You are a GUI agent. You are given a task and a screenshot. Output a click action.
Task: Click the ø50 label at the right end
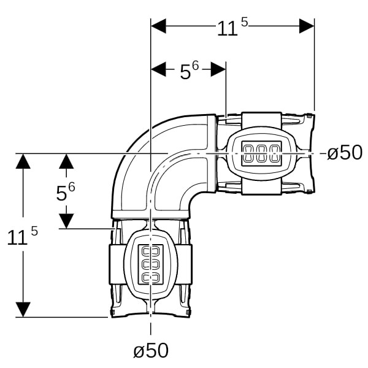coord(345,152)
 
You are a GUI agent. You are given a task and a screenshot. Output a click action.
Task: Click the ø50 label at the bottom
coord(151,350)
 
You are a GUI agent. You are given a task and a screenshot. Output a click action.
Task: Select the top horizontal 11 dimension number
coord(227,29)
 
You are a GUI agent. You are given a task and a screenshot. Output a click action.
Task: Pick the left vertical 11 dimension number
coord(17,238)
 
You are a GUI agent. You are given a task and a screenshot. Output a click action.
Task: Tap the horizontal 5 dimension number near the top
coord(185,72)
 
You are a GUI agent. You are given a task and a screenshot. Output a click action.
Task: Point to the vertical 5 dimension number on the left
coord(61,193)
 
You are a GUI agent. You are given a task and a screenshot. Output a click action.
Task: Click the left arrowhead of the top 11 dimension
coord(158,26)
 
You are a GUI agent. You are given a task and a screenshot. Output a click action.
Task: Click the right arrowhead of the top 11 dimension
coord(307,26)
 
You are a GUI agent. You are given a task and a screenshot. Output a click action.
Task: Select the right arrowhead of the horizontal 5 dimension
coord(218,69)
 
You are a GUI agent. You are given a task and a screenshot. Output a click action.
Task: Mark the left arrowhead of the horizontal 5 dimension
coord(158,69)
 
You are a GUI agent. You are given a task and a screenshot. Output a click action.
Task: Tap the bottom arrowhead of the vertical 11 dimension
coord(23,310)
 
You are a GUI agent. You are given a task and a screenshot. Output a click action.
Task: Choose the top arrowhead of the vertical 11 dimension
coord(23,161)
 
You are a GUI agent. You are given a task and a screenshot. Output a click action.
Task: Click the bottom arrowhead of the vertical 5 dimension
coord(66,221)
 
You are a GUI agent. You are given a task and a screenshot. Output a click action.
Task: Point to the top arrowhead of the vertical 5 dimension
coord(66,161)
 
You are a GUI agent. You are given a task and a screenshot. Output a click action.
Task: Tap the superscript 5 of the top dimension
coord(244,22)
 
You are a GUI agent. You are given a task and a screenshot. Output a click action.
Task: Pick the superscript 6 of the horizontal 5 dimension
coord(195,66)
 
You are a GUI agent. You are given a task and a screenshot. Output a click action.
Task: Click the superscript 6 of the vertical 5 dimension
coord(72,187)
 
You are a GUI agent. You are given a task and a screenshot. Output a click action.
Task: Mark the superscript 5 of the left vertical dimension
coord(34,231)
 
